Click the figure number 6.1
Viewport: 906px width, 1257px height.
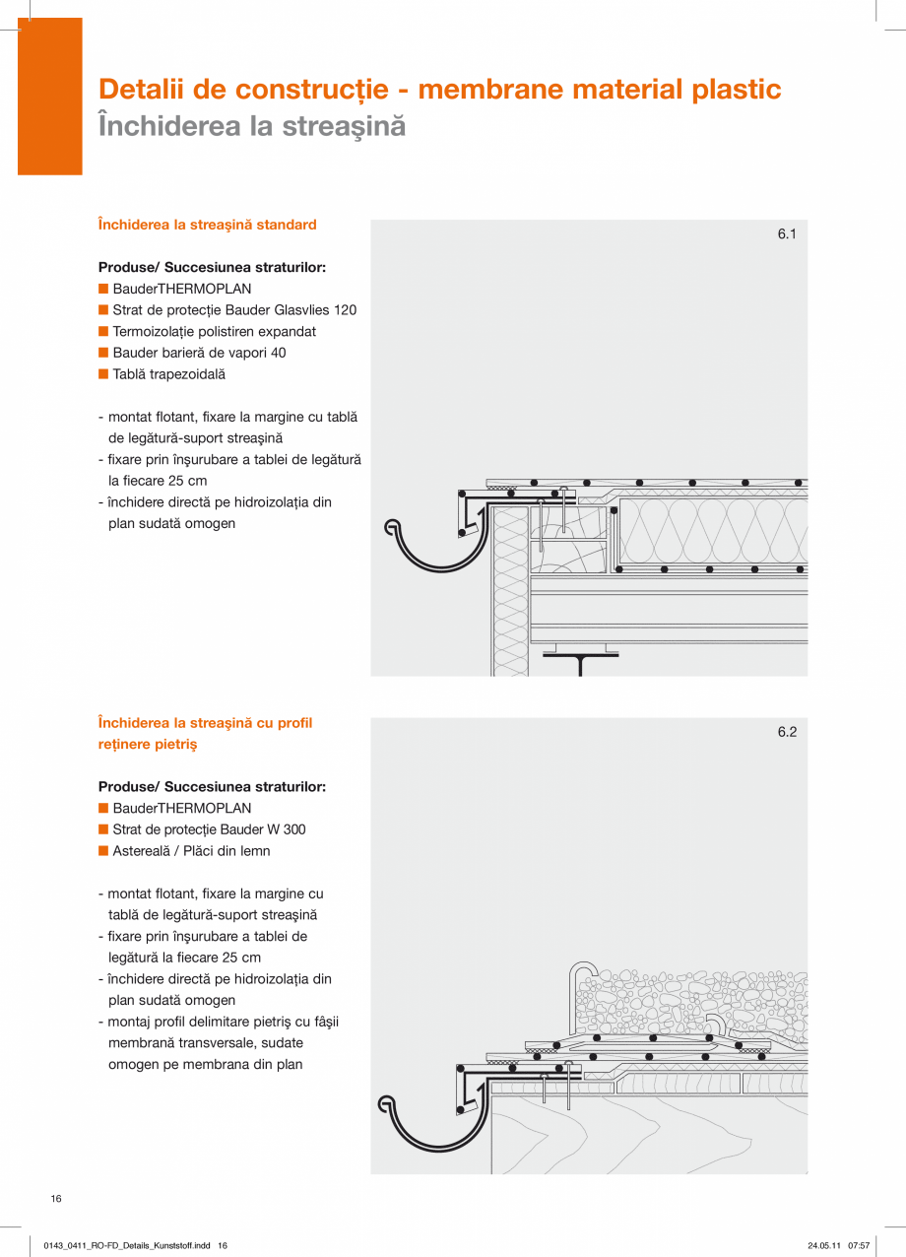tap(786, 234)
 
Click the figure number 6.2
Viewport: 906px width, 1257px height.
tap(786, 732)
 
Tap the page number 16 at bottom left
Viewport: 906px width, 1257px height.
tap(56, 1198)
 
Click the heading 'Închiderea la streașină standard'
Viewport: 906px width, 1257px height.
tap(207, 225)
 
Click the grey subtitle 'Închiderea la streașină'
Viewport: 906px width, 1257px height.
tap(252, 127)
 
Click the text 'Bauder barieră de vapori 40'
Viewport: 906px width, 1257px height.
tap(199, 353)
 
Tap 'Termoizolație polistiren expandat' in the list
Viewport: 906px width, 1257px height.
tap(214, 332)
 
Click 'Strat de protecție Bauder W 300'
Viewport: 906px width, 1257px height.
tap(209, 829)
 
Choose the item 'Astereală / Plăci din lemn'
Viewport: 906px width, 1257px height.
tap(191, 851)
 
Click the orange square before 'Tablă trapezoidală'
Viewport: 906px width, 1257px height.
tap(102, 374)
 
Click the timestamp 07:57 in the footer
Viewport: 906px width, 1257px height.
tap(859, 1245)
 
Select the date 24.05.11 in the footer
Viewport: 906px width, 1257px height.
tap(824, 1245)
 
